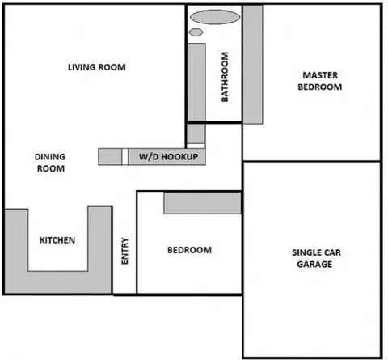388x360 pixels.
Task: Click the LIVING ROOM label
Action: click(97, 67)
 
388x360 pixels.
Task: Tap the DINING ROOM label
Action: click(50, 163)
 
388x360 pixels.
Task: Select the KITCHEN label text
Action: click(57, 240)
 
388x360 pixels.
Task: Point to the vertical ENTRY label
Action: click(125, 251)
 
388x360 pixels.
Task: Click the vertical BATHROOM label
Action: click(225, 77)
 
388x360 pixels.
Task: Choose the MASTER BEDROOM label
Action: click(320, 81)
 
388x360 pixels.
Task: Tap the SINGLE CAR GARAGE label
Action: click(316, 258)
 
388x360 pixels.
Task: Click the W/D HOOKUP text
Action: click(169, 157)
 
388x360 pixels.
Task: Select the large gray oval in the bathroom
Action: click(215, 17)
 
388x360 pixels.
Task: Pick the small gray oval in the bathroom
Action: click(196, 32)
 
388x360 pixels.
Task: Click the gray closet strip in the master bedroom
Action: click(253, 64)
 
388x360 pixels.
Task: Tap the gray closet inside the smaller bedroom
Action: click(202, 203)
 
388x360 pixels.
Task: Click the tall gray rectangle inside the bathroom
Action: click(196, 83)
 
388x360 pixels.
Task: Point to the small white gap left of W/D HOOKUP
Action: click(124, 157)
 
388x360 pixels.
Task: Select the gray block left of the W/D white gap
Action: click(110, 157)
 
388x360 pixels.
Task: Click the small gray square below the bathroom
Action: click(196, 133)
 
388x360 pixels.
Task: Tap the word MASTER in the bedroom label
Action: click(320, 75)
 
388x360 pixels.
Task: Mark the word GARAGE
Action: click(314, 264)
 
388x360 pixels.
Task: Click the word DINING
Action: click(50, 157)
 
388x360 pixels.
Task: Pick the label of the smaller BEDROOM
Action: click(189, 250)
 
